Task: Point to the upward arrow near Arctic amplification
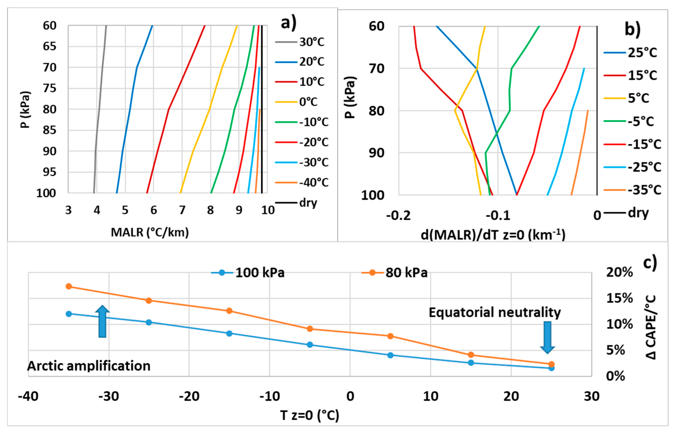pyautogui.click(x=102, y=321)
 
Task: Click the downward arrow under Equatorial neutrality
pyautogui.click(x=547, y=337)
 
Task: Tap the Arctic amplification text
pyautogui.click(x=89, y=366)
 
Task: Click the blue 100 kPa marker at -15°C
pyautogui.click(x=229, y=333)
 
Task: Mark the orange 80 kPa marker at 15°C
pyautogui.click(x=471, y=355)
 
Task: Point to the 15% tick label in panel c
pyautogui.click(x=619, y=298)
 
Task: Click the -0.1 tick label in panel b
pyautogui.click(x=498, y=216)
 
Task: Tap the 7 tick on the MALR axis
pyautogui.click(x=182, y=210)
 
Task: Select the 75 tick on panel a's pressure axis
pyautogui.click(x=49, y=88)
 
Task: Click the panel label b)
pyautogui.click(x=632, y=29)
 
